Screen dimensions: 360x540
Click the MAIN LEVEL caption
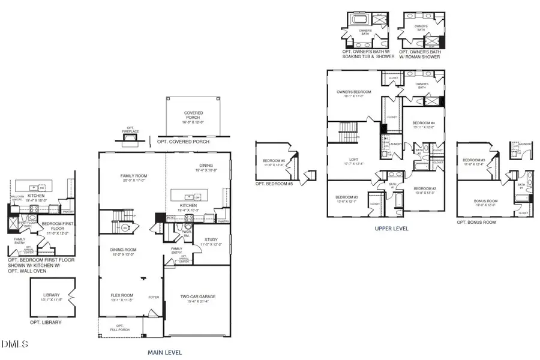click(164, 352)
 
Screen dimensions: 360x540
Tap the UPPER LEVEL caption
click(392, 229)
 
